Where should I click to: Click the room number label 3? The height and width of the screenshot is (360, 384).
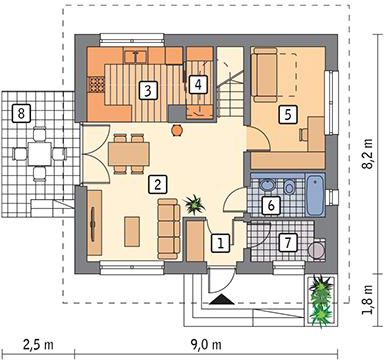tap(148, 90)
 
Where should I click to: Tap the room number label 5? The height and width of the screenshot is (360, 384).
tap(288, 114)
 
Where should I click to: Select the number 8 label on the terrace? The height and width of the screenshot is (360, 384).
tap(21, 113)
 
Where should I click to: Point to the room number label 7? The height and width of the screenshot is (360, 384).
tap(288, 242)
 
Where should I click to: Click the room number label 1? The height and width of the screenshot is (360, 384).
tap(221, 242)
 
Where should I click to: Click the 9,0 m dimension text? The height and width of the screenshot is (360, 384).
tap(207, 345)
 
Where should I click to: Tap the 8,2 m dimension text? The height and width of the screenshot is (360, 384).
tap(368, 154)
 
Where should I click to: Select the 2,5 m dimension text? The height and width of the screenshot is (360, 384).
tap(38, 345)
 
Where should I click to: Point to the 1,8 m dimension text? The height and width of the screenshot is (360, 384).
tap(368, 300)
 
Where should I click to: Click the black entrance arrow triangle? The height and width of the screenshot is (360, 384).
tap(222, 300)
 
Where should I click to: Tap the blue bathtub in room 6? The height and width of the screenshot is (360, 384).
tap(315, 195)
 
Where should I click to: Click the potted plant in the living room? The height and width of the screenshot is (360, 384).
tap(195, 204)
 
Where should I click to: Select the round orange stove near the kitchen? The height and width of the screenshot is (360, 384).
tap(177, 130)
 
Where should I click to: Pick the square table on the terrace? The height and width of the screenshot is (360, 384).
tap(40, 154)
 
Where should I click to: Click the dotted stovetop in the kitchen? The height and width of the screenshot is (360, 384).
tap(96, 84)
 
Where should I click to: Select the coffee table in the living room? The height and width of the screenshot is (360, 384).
tap(132, 231)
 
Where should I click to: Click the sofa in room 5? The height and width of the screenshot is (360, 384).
tap(265, 74)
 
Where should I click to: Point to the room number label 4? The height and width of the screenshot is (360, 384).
tap(198, 84)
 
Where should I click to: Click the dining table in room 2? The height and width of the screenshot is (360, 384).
tap(129, 154)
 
